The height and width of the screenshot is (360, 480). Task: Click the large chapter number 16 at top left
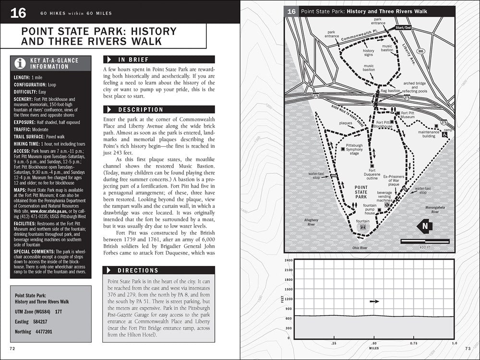tap(18, 13)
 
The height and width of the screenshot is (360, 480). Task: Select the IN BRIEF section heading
tap(133, 60)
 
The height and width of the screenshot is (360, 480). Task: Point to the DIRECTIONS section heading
tap(138, 271)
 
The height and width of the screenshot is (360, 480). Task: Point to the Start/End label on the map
tap(403, 28)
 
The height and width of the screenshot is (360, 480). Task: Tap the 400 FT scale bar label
tap(425, 247)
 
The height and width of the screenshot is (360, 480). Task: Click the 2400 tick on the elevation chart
tap(288, 260)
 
